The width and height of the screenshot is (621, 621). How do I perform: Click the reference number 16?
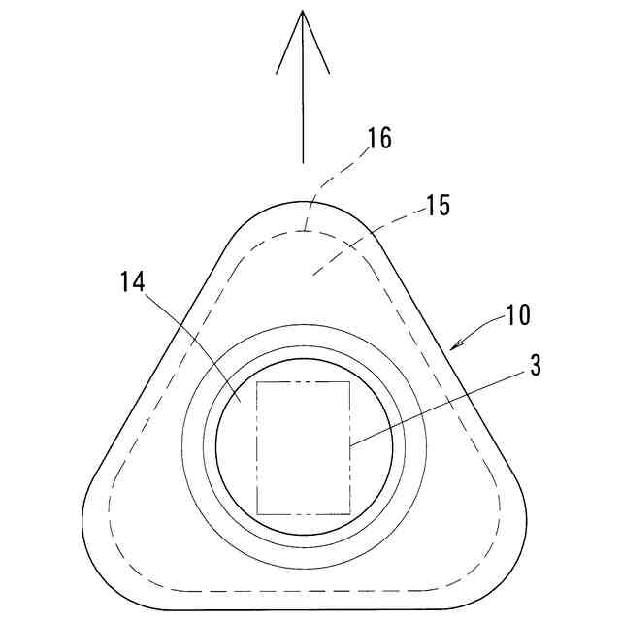pos(379,138)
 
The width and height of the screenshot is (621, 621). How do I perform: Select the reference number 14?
pos(134,282)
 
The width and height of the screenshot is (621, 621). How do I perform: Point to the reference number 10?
pos(517,316)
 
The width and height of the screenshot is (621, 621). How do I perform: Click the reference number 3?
pos(535,367)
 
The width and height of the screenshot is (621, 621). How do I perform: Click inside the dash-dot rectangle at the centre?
pos(303,447)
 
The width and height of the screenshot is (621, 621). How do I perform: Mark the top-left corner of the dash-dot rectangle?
pos(257,382)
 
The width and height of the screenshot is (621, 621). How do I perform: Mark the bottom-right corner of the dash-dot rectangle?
pos(349,513)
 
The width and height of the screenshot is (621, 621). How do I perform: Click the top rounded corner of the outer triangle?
pos(303,201)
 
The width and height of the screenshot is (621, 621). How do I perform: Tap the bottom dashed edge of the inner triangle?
pos(303,591)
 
